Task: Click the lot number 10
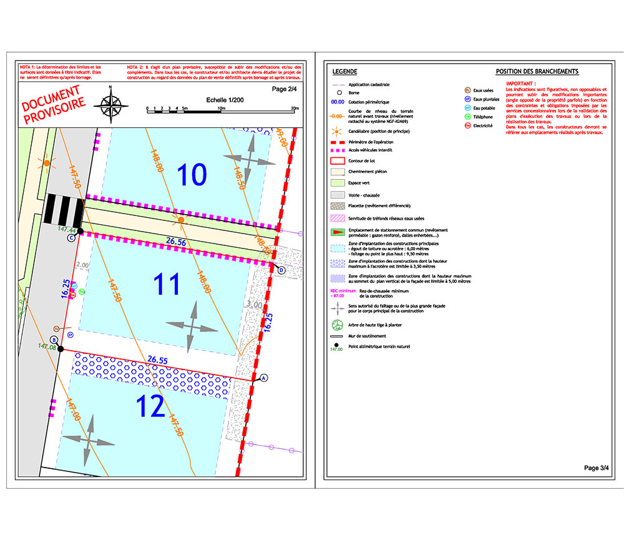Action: pyautogui.click(x=192, y=174)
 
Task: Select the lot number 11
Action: pyautogui.click(x=167, y=284)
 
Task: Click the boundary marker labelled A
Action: pyautogui.click(x=263, y=378)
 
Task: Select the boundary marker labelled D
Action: pyautogui.click(x=281, y=270)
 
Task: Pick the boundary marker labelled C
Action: pyautogui.click(x=71, y=237)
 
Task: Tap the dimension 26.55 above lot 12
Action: pyautogui.click(x=158, y=360)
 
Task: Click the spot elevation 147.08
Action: pyautogui.click(x=47, y=346)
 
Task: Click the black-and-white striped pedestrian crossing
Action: pyautogui.click(x=65, y=211)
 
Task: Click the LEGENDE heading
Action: pyautogui.click(x=345, y=72)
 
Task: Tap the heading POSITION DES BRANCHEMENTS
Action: pyautogui.click(x=537, y=72)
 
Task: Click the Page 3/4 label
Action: pyautogui.click(x=595, y=468)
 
